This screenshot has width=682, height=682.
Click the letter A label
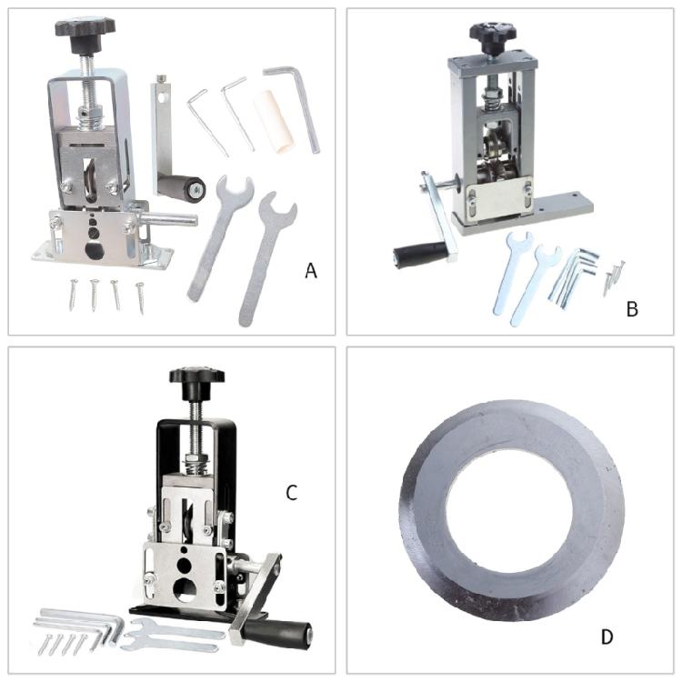(x=311, y=270)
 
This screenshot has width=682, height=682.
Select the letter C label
(x=291, y=493)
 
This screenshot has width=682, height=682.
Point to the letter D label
(x=607, y=637)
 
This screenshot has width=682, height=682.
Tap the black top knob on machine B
(x=493, y=34)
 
